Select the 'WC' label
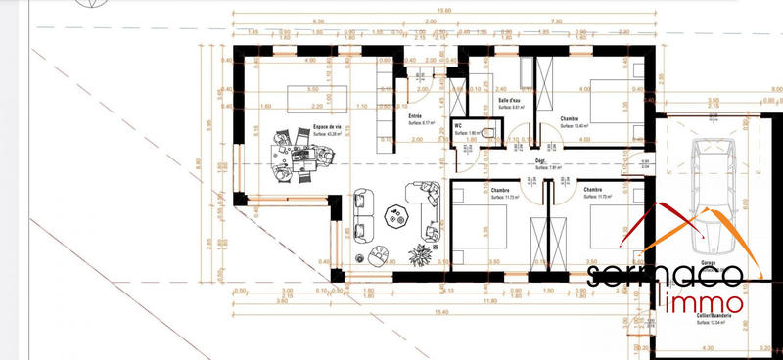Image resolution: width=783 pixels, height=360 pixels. click(x=458, y=126)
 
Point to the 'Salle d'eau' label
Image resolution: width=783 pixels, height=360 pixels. click(x=509, y=101)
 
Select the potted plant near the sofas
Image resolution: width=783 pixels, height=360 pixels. click(x=419, y=253)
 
